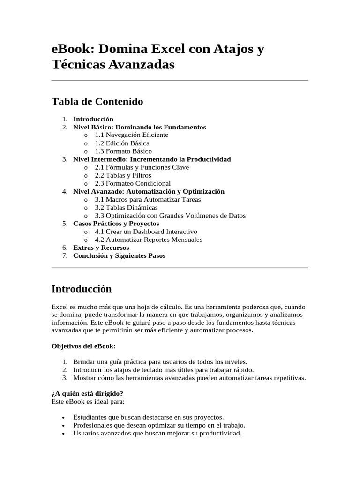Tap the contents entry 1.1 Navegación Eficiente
(131, 135)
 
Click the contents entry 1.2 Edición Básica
(122, 143)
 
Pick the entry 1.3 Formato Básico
(123, 151)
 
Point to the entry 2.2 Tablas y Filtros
(123, 175)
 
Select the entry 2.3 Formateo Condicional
(133, 183)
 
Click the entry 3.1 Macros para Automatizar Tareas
(148, 199)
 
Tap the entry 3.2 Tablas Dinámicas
(126, 207)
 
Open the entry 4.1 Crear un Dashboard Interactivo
(146, 232)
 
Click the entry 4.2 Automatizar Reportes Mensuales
(149, 240)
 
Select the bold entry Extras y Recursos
(101, 247)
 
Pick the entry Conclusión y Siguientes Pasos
(119, 255)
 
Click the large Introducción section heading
(82, 288)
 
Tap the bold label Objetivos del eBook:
(83, 346)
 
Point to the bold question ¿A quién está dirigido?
(87, 393)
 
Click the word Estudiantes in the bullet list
(89, 417)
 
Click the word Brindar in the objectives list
(84, 362)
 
